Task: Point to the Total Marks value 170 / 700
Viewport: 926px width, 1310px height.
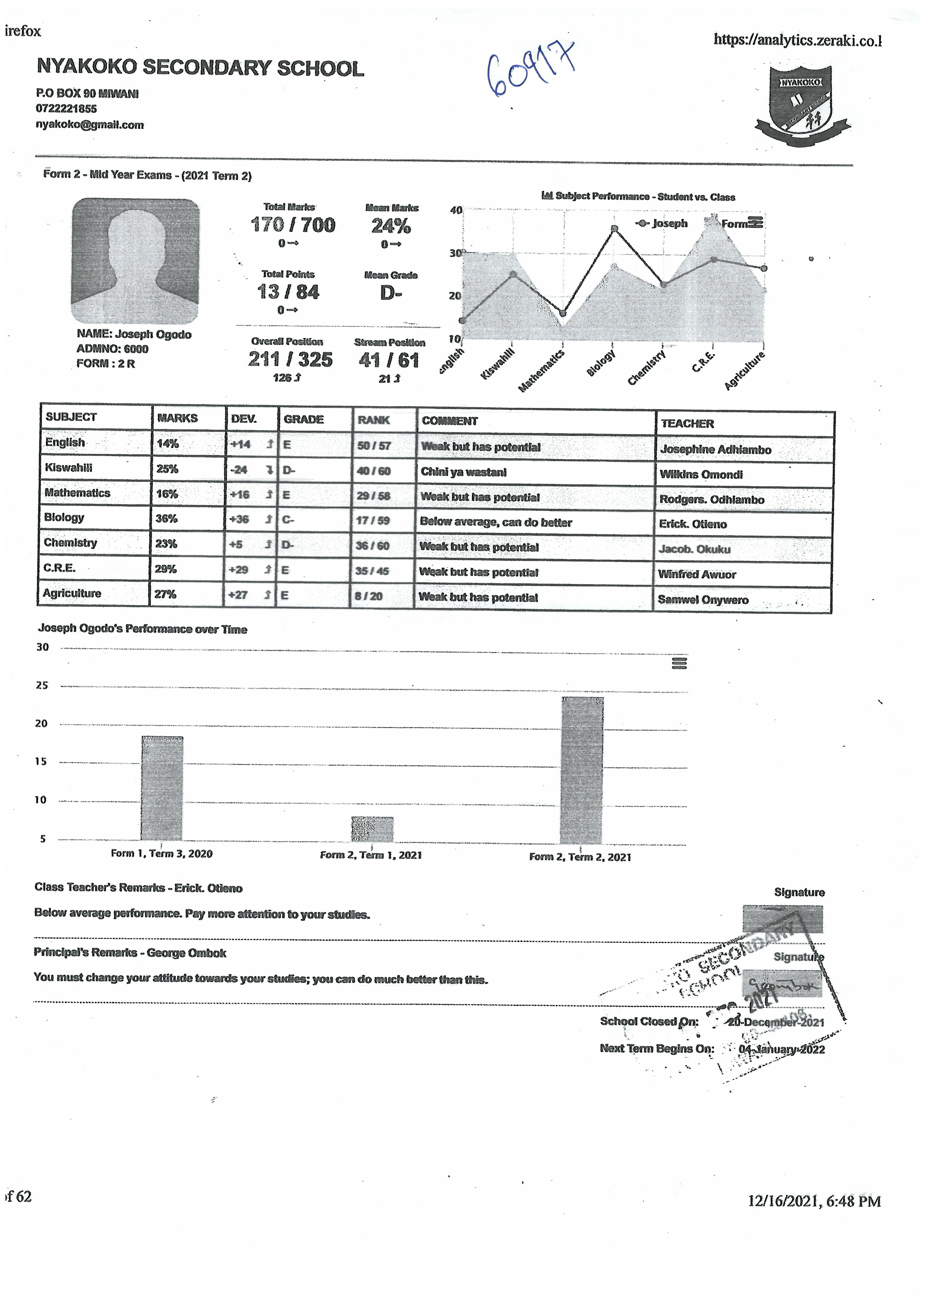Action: point(293,225)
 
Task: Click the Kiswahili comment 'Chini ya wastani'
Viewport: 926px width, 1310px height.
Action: point(463,472)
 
